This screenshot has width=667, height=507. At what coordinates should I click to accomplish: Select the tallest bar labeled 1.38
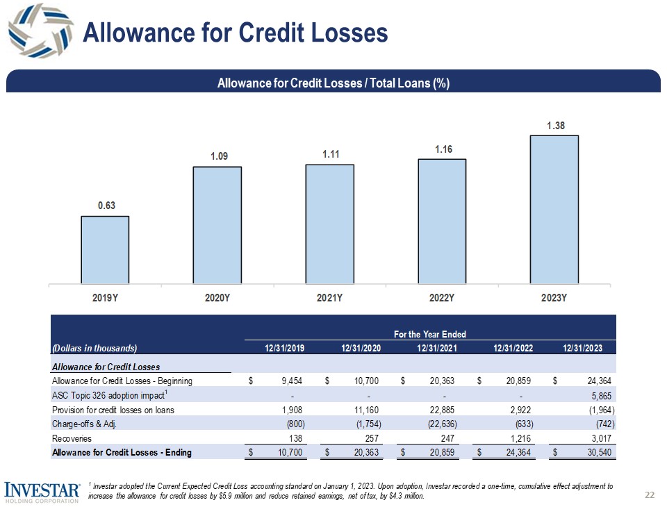tap(554, 208)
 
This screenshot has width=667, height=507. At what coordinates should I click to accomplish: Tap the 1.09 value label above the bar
tap(217, 158)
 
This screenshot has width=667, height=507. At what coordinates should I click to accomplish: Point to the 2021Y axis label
tap(329, 299)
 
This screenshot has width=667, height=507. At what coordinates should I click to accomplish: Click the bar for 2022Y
tap(442, 220)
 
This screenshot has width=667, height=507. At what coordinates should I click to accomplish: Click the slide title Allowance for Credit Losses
tap(235, 33)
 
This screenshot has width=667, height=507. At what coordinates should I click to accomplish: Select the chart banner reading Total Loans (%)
tap(333, 83)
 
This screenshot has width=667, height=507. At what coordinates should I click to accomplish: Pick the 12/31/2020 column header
tap(361, 348)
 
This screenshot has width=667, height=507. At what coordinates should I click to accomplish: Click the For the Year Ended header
tap(429, 334)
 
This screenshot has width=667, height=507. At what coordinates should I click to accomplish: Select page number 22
tap(650, 494)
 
